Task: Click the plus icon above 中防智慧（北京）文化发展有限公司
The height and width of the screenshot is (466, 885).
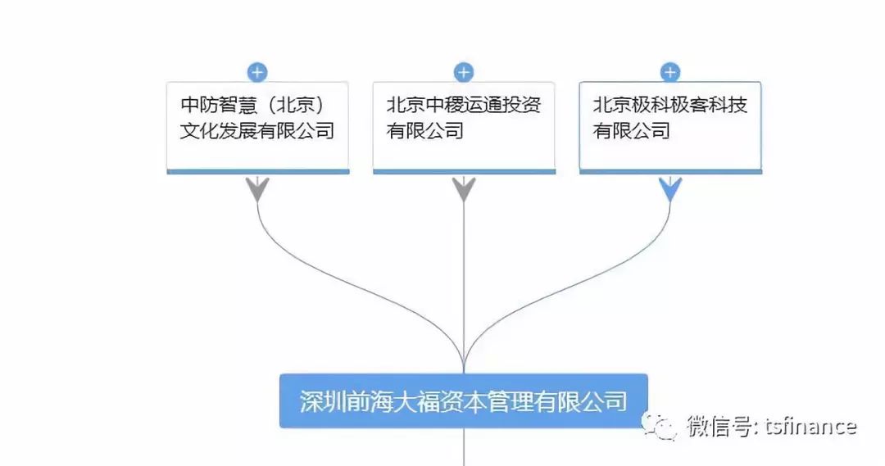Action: (257, 72)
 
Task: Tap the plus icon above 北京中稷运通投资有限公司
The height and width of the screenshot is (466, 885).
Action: (464, 72)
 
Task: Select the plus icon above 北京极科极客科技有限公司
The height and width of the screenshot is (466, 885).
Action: (670, 72)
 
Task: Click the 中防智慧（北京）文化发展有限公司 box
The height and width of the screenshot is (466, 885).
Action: (257, 127)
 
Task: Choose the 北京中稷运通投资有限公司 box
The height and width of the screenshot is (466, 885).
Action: (464, 127)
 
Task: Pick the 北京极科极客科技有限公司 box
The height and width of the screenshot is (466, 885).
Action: (670, 127)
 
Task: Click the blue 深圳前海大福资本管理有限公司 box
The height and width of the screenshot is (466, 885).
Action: (463, 400)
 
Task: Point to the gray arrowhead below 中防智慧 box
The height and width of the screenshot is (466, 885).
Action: (257, 189)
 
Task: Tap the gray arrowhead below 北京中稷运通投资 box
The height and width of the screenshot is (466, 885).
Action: (464, 189)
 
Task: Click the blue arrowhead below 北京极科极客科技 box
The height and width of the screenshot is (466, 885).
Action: (670, 189)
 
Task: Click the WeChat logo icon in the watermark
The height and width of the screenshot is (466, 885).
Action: (660, 425)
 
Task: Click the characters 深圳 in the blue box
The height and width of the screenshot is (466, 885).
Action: (320, 401)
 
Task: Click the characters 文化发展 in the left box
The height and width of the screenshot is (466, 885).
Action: (219, 130)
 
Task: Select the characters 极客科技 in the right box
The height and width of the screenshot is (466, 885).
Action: (709, 105)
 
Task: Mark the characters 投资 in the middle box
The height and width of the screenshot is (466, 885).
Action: (522, 105)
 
